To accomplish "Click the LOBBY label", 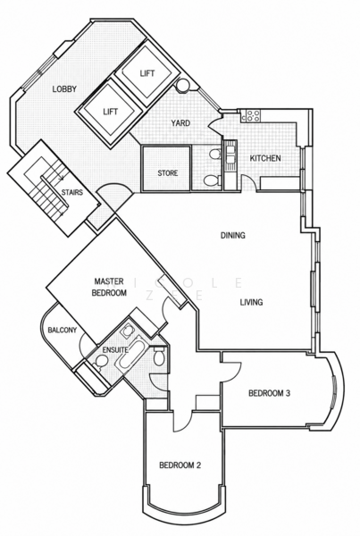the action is pyautogui.click(x=64, y=88).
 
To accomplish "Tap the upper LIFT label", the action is pyautogui.click(x=147, y=73).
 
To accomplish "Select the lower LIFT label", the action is pyautogui.click(x=111, y=112).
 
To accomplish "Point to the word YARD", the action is pyautogui.click(x=180, y=122).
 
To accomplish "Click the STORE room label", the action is pyautogui.click(x=168, y=173).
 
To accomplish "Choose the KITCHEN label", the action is pyautogui.click(x=265, y=158).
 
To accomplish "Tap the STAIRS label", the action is pyautogui.click(x=72, y=192).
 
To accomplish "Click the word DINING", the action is pyautogui.click(x=233, y=235).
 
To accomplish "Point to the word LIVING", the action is pyautogui.click(x=251, y=302).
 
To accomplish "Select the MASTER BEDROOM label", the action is pyautogui.click(x=109, y=287).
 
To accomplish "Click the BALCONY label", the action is pyautogui.click(x=63, y=331).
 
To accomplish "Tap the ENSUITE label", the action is pyautogui.click(x=115, y=350).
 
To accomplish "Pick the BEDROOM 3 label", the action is pyautogui.click(x=270, y=393).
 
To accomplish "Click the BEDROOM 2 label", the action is pyautogui.click(x=180, y=465).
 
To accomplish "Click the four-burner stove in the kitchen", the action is pyautogui.click(x=253, y=116).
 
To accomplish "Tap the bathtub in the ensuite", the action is pyautogui.click(x=130, y=353).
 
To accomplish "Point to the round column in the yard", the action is pyautogui.click(x=182, y=86).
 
